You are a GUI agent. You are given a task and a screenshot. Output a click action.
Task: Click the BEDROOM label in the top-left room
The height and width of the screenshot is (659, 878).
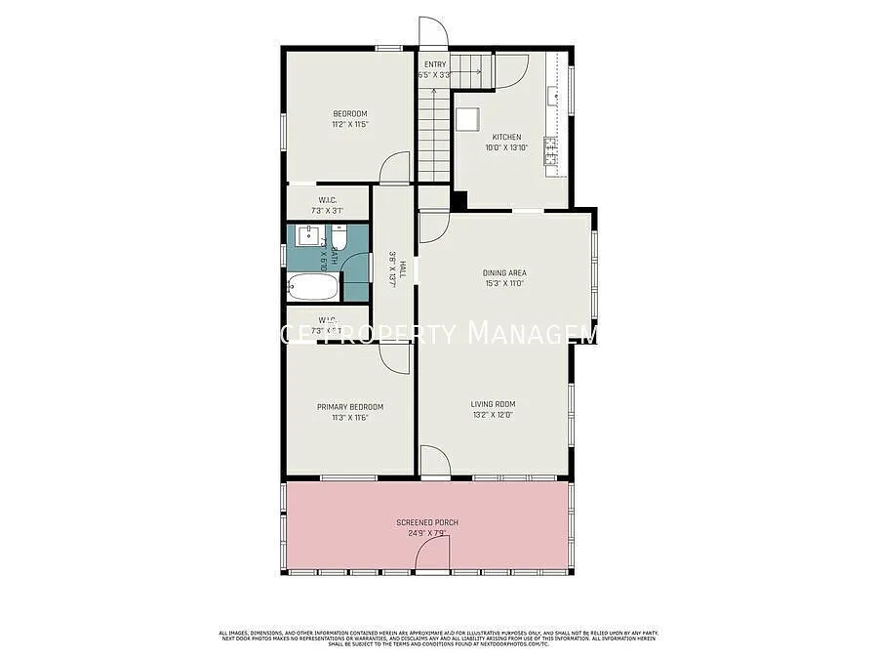tap(349, 113)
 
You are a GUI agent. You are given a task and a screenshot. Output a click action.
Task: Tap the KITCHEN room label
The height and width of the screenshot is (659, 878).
tap(506, 137)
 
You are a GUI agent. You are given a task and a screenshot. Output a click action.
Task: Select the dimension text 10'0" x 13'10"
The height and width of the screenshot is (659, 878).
tap(506, 147)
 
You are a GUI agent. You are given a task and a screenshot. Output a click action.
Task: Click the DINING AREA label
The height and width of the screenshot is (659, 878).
tap(504, 272)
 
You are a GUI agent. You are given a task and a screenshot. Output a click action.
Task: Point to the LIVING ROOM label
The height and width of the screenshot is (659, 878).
tap(493, 403)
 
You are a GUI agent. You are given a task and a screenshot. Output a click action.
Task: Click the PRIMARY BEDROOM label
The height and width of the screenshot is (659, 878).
tap(349, 406)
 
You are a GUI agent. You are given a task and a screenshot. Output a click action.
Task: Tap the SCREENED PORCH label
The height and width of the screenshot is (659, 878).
tap(427, 522)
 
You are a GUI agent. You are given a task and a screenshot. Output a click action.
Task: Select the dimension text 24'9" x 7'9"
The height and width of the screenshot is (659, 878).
tap(427, 533)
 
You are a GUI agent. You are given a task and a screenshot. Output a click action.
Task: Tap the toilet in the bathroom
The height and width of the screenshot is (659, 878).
tap(339, 238)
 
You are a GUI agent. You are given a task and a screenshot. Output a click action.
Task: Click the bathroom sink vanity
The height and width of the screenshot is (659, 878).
tap(308, 236)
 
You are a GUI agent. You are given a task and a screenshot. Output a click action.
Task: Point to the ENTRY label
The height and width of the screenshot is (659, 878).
tap(435, 64)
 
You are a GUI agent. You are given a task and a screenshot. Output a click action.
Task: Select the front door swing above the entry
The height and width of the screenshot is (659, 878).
tap(433, 31)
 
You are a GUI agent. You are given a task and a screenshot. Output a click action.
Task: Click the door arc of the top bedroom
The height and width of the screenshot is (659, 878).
tap(396, 168)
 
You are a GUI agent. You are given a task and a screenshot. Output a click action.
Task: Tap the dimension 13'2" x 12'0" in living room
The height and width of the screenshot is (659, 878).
tap(493, 414)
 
